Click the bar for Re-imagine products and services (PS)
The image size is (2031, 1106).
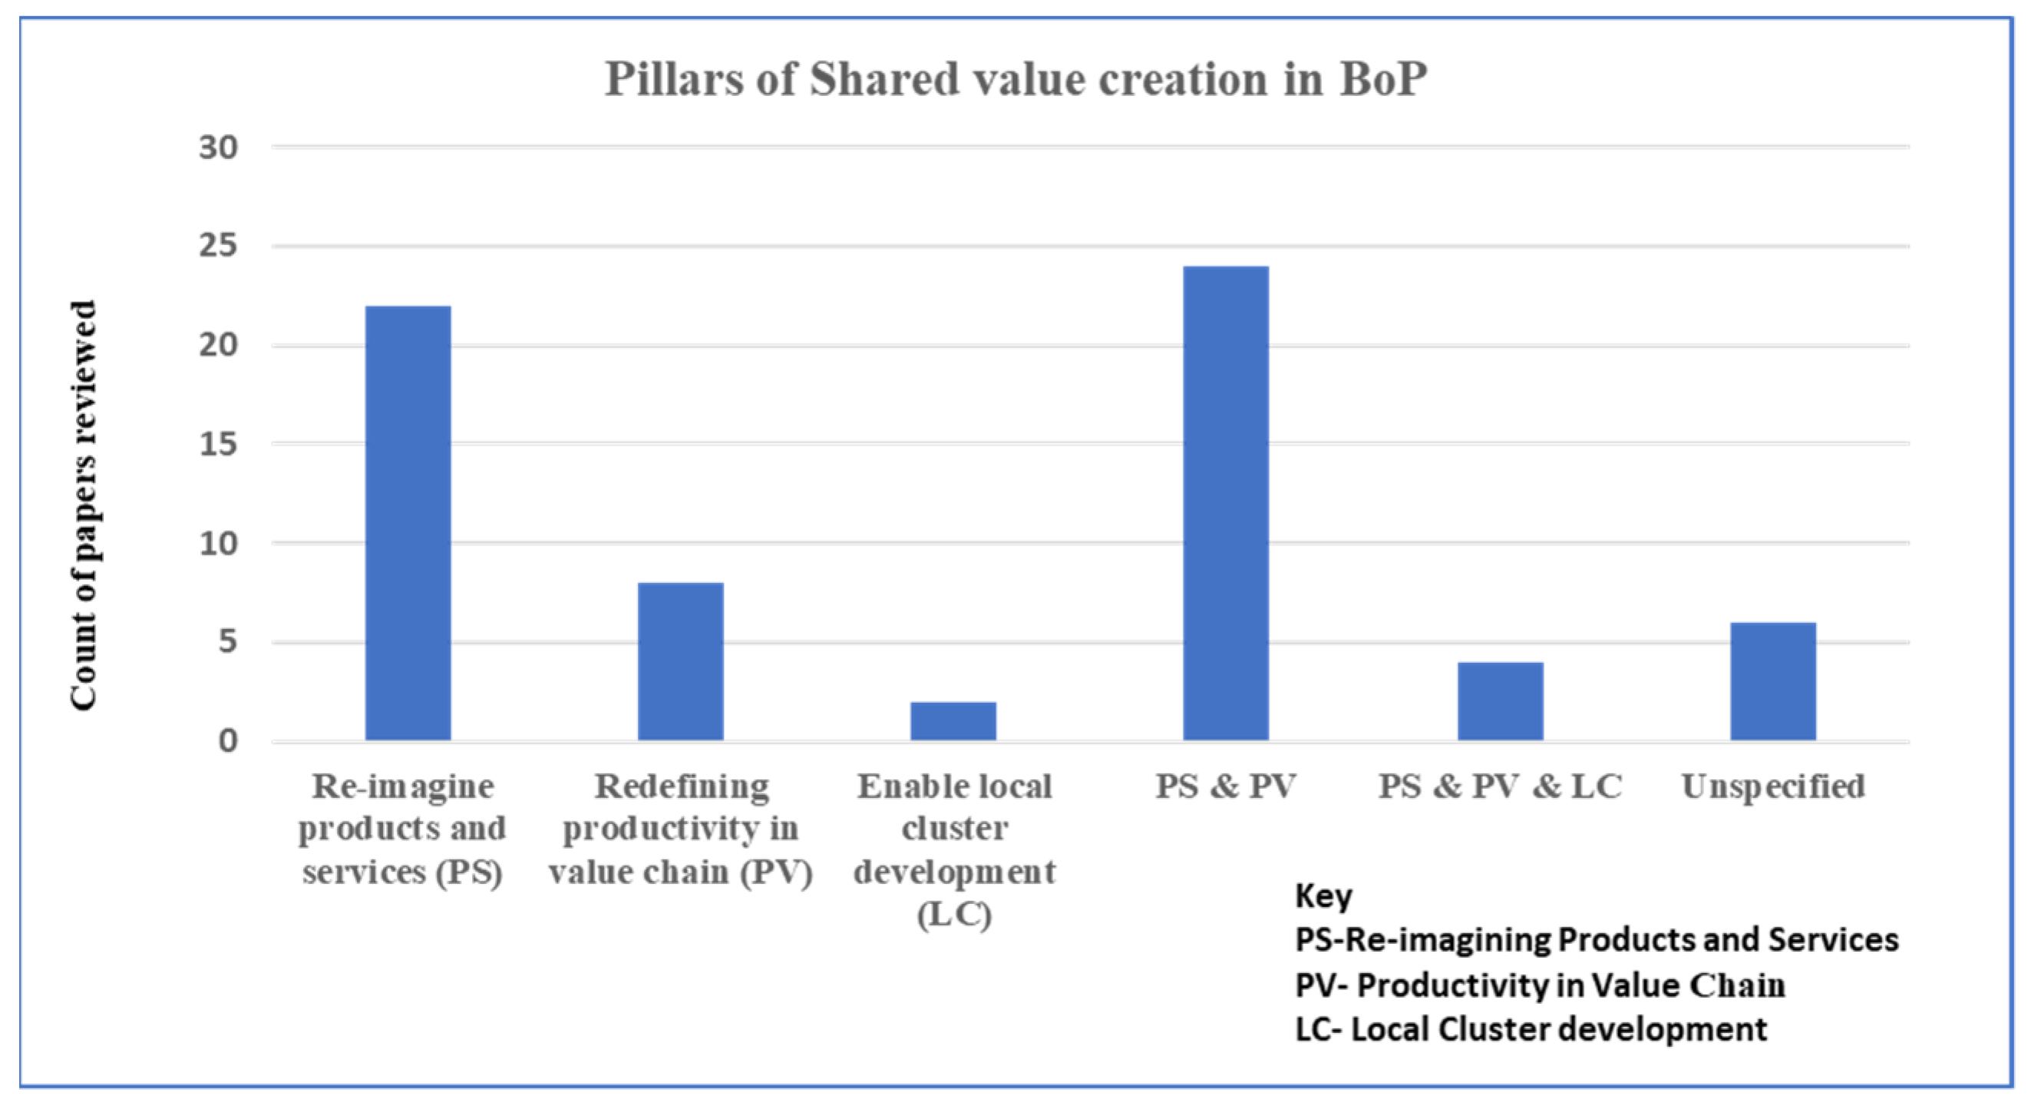click(x=408, y=523)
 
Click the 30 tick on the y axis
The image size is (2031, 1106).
click(x=219, y=147)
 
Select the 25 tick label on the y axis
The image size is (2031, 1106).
click(x=219, y=246)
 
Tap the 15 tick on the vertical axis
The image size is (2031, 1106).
click(x=219, y=444)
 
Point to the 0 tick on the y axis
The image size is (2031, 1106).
click(x=228, y=740)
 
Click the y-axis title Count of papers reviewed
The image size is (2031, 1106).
click(x=83, y=505)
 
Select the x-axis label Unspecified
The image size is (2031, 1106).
click(x=1773, y=786)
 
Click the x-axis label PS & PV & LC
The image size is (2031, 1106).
click(x=1500, y=786)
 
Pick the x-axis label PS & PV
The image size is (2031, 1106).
click(x=1226, y=786)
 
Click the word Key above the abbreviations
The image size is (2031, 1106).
click(x=1323, y=896)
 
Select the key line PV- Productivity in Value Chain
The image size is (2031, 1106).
click(x=1540, y=985)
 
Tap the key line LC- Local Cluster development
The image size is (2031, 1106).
click(x=1531, y=1029)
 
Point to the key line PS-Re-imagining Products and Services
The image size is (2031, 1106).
click(x=1597, y=940)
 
